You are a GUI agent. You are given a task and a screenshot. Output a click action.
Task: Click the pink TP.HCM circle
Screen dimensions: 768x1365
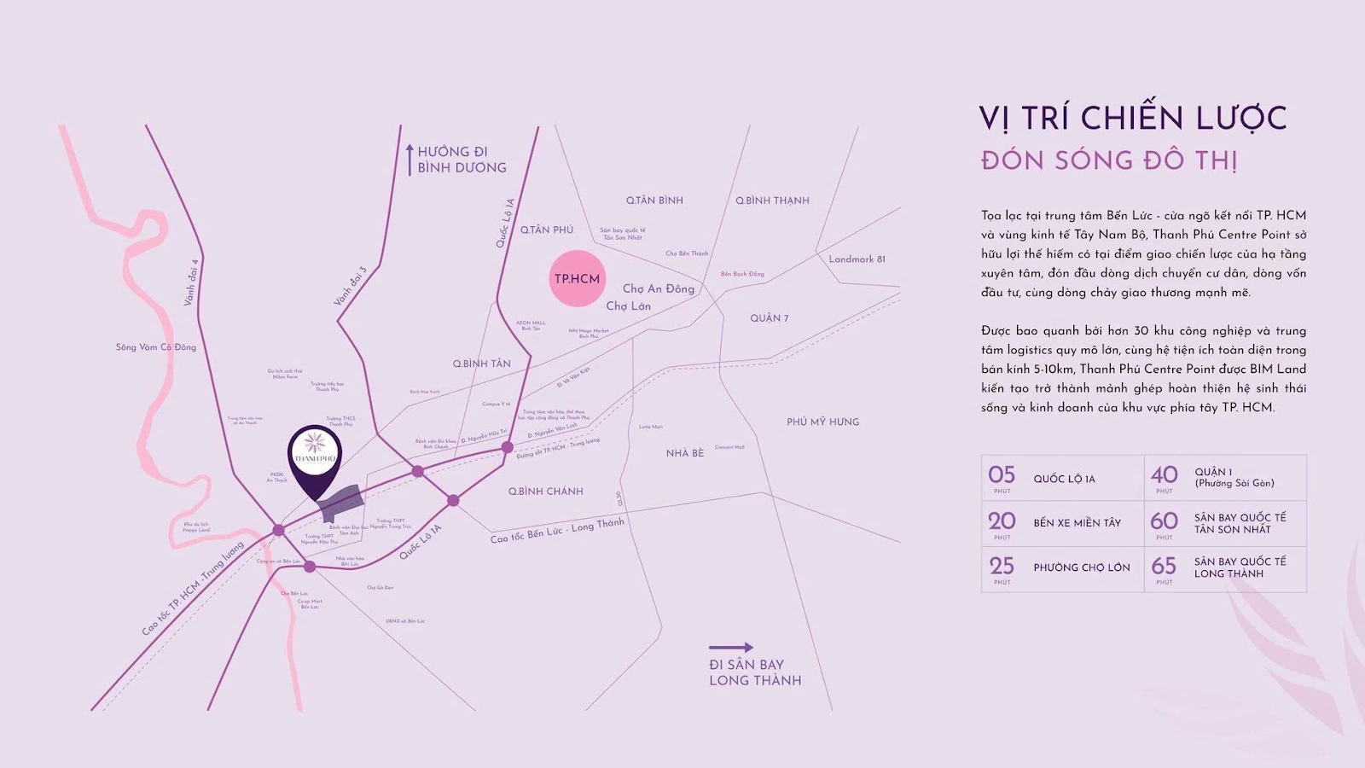pyautogui.click(x=578, y=278)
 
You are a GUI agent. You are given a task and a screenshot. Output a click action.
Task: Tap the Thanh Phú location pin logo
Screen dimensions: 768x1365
pyautogui.click(x=315, y=451)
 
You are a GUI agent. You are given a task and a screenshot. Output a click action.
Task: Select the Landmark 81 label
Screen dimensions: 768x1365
pyautogui.click(x=857, y=259)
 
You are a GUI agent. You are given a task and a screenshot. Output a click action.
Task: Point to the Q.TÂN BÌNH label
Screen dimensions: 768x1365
pyautogui.click(x=654, y=201)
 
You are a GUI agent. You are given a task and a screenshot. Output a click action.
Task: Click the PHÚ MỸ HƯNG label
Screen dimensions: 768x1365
pyautogui.click(x=822, y=422)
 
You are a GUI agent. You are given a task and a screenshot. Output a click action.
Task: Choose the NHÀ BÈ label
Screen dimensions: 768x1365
pyautogui.click(x=685, y=453)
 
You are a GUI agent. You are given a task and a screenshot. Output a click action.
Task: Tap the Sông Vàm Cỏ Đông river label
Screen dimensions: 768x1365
pyautogui.click(x=156, y=347)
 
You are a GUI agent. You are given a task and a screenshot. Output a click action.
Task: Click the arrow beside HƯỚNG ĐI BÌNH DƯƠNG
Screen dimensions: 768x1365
pyautogui.click(x=409, y=160)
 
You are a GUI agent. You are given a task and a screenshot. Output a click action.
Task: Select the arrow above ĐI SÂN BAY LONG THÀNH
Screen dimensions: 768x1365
pyautogui.click(x=731, y=647)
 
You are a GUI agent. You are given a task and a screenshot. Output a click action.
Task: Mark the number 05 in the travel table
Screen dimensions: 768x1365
pyautogui.click(x=1002, y=475)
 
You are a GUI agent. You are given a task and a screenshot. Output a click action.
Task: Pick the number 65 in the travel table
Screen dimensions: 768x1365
pyautogui.click(x=1164, y=567)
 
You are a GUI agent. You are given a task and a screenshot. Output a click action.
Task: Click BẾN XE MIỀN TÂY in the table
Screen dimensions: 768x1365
pyautogui.click(x=1077, y=523)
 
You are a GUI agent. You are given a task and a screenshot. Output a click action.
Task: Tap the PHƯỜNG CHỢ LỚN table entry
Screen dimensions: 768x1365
pyautogui.click(x=1081, y=567)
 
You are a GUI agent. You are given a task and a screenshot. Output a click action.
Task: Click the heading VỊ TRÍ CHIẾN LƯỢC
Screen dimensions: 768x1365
pyautogui.click(x=1133, y=119)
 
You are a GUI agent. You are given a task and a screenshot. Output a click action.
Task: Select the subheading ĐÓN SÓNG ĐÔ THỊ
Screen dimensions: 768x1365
pyautogui.click(x=1109, y=160)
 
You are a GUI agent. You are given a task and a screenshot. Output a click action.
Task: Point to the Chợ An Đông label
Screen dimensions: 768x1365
pyautogui.click(x=658, y=289)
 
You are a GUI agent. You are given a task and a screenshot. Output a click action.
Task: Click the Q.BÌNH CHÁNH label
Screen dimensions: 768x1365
pyautogui.click(x=546, y=492)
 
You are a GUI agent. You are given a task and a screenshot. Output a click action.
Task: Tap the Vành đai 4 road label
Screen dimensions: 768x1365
pyautogui.click(x=191, y=282)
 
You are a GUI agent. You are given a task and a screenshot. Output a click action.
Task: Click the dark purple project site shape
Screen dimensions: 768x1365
pyautogui.click(x=341, y=503)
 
